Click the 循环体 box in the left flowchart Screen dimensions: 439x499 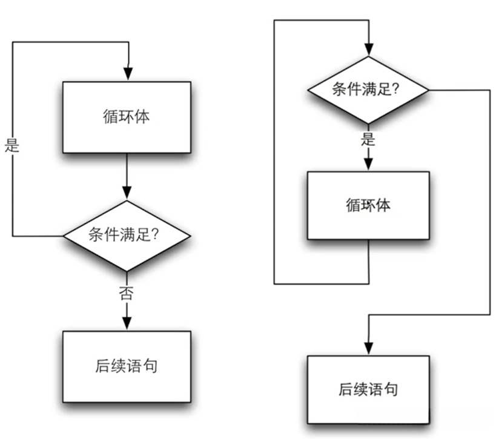click(127, 117)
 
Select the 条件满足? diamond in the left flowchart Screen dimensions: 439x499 click(127, 235)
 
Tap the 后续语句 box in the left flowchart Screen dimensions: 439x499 click(127, 366)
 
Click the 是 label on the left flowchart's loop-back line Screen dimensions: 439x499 click(12, 145)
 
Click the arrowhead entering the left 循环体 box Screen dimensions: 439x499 click(127, 74)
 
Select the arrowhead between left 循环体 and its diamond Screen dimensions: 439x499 click(127, 193)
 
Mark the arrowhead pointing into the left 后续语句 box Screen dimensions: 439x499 click(127, 323)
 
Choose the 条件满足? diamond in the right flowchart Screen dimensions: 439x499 click(368, 90)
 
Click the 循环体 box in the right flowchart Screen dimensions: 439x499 click(368, 205)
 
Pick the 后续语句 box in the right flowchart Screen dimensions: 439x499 click(368, 389)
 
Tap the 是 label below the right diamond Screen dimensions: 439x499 click(368, 139)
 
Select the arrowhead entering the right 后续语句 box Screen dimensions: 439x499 click(368, 348)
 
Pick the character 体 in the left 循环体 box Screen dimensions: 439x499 click(142, 117)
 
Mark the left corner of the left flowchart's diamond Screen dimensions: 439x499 click(65, 235)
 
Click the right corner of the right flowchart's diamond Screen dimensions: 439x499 click(429, 90)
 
